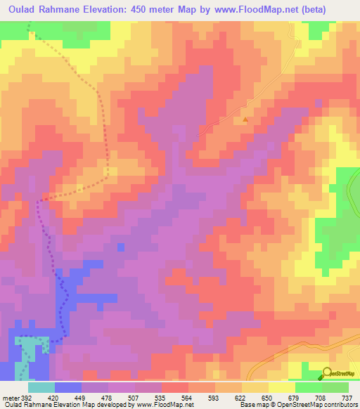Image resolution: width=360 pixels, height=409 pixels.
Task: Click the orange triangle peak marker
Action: pyautogui.click(x=245, y=119)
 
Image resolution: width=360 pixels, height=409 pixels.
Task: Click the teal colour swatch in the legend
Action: pyautogui.click(x=41, y=387)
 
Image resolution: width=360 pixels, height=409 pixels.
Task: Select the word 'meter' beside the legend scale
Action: pyautogui.click(x=10, y=397)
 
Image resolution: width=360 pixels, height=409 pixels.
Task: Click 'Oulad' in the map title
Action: pyautogui.click(x=21, y=9)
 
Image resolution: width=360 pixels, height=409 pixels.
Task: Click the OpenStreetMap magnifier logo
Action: pyautogui.click(x=327, y=373)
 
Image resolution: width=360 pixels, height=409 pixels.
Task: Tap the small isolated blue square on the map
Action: pyautogui.click(x=121, y=247)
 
